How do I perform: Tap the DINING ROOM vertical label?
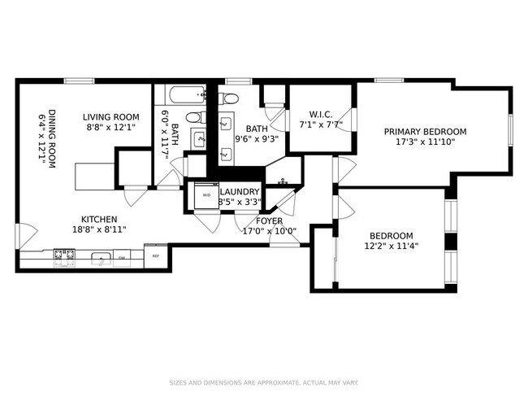pyautogui.click(x=52, y=138)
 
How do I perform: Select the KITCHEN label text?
pyautogui.click(x=99, y=220)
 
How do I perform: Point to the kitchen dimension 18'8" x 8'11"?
pyautogui.click(x=99, y=230)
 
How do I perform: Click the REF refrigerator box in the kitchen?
pyautogui.click(x=155, y=256)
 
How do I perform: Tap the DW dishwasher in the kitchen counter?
pyautogui.click(x=121, y=258)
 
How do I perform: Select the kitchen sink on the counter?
pyautogui.click(x=100, y=259)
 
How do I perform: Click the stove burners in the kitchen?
pyautogui.click(x=64, y=258)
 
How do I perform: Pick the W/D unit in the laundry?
pyautogui.click(x=205, y=196)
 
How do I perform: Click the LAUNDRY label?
pyautogui.click(x=240, y=192)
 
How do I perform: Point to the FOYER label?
pyautogui.click(x=269, y=220)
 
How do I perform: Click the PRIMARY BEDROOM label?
pyautogui.click(x=425, y=132)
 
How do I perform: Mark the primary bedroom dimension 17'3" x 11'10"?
pyautogui.click(x=425, y=142)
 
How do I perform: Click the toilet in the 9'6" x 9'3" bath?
pyautogui.click(x=229, y=99)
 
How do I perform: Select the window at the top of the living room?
pyautogui.click(x=78, y=80)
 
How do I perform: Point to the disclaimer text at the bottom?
pyautogui.click(x=264, y=382)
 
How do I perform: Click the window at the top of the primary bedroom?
pyautogui.click(x=388, y=80)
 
